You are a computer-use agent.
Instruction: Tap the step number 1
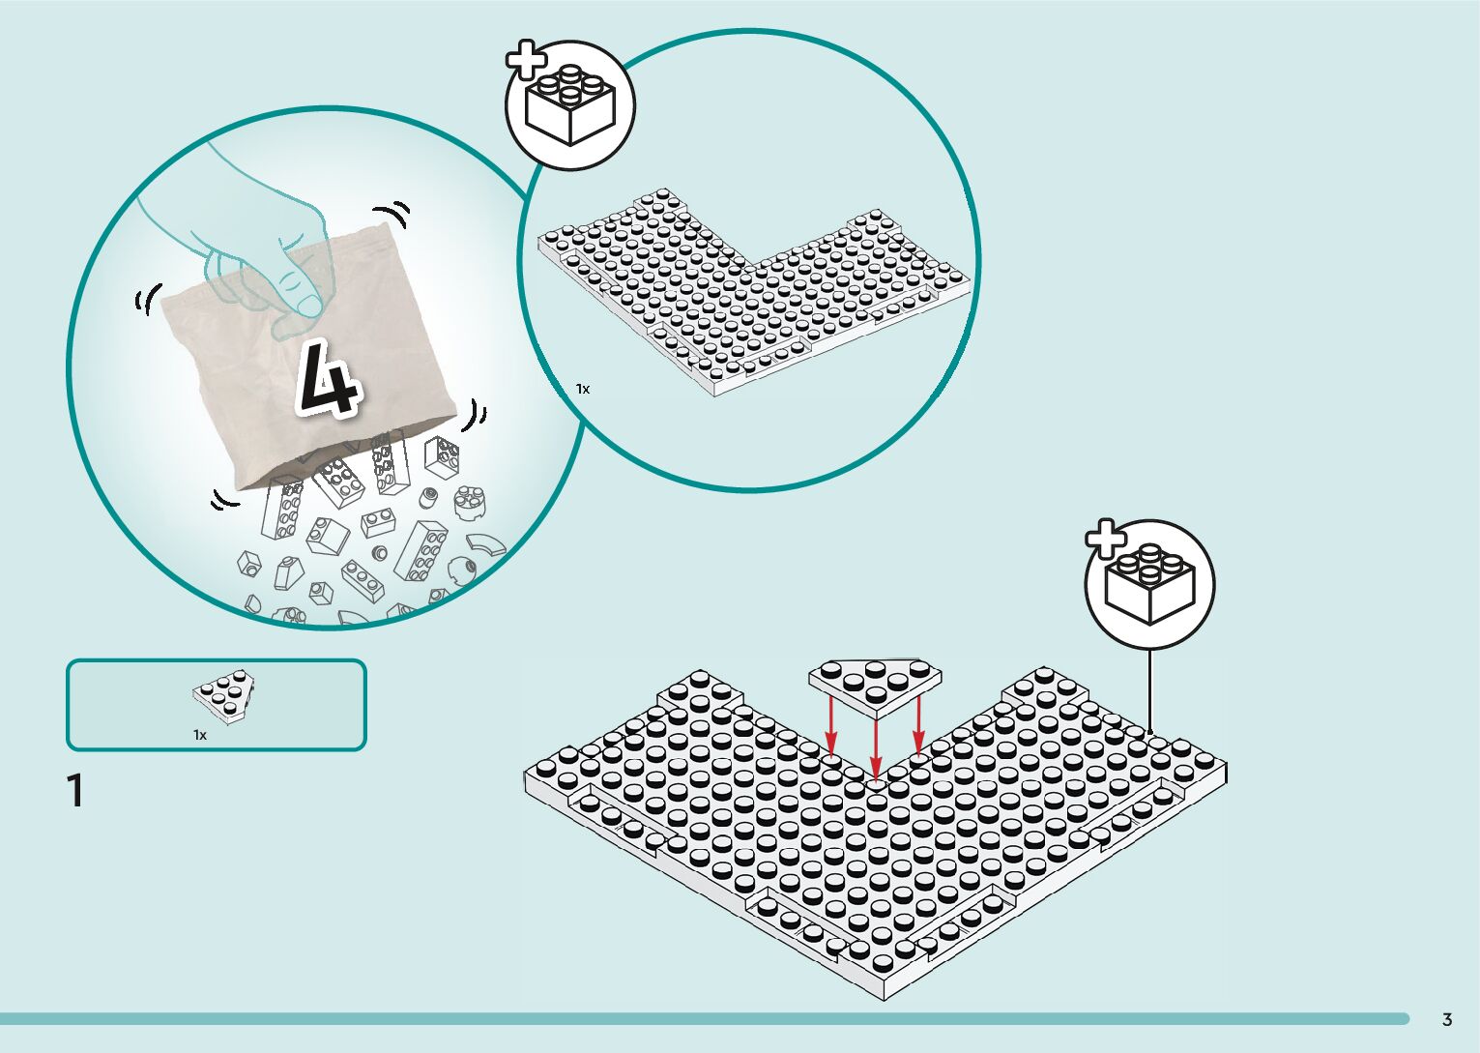[75, 791]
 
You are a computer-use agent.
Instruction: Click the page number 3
[1446, 1019]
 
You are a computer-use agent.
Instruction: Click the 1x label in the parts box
[200, 735]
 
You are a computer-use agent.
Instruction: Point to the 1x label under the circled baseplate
[583, 389]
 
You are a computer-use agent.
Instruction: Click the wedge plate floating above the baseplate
[875, 682]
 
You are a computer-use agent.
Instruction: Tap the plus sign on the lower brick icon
[1105, 540]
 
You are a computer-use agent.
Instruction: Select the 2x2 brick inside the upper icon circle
[570, 106]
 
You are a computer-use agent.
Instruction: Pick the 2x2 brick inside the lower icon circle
[1150, 585]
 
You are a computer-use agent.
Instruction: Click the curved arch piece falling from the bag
[486, 544]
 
